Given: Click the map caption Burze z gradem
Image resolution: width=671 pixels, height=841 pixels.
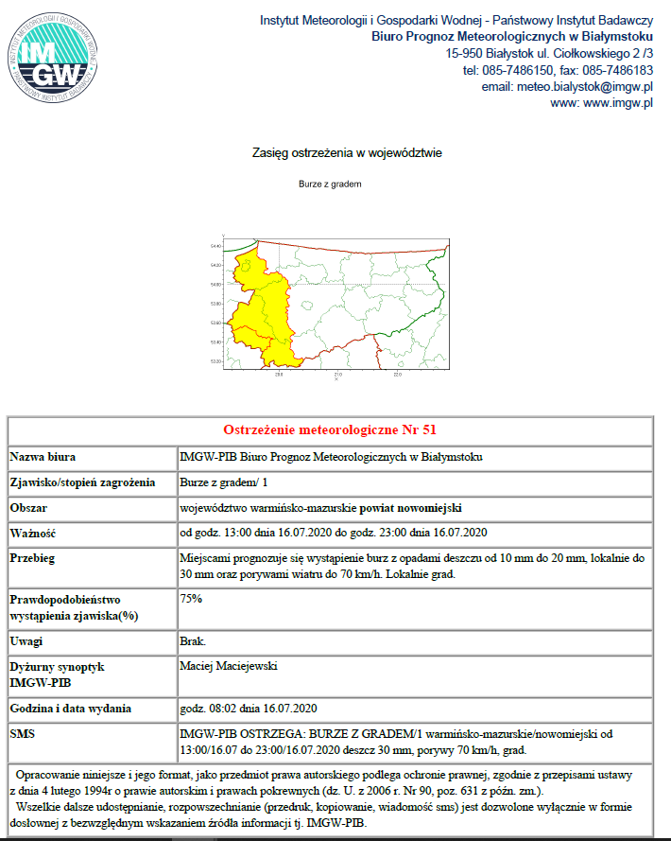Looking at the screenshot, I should coord(331,184).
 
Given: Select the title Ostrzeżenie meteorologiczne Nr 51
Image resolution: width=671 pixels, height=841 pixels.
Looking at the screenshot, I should coord(330,430).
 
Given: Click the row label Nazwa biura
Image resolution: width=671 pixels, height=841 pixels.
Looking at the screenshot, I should coord(43,457).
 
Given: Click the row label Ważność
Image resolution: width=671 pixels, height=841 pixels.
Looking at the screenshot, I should coord(34,532).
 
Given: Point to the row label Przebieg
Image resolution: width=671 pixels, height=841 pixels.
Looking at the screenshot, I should coord(33,557).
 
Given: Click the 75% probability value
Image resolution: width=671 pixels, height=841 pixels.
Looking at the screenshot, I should coord(191,599).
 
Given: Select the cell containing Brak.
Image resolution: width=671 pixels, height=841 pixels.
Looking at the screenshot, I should coord(193,641).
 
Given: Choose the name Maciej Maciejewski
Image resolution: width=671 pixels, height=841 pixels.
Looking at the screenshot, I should coord(229,666).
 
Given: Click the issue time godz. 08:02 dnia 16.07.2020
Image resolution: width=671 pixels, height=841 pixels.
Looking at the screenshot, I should coord(248,708).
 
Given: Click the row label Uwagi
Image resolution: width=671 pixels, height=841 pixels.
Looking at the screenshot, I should coord(26,641).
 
